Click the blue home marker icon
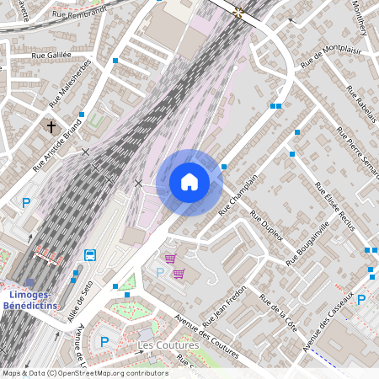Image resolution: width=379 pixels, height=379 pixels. tap(189, 182)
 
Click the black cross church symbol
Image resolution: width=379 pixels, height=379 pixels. tap(51, 128)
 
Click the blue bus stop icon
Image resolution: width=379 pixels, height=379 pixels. tap(90, 255)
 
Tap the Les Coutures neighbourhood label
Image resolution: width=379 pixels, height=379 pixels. tap(168, 345)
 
